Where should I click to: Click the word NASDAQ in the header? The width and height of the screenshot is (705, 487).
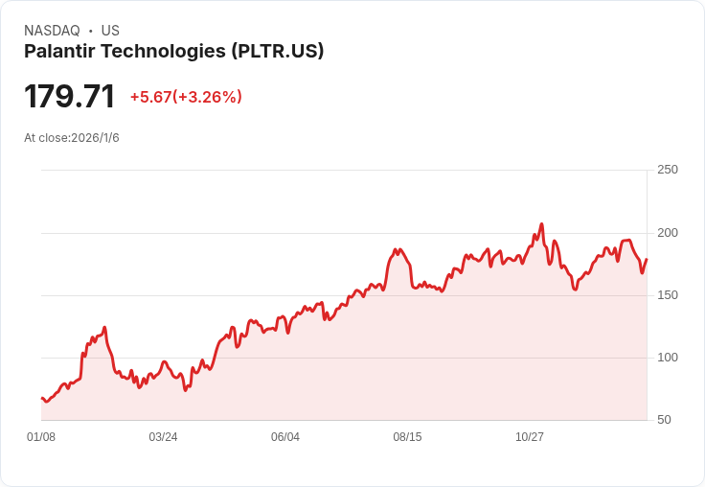coord(52,31)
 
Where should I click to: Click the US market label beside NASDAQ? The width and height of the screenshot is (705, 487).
coord(110,31)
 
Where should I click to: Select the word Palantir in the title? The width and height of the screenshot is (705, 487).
coord(59,51)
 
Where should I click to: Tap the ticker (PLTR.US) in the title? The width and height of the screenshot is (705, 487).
coord(278,51)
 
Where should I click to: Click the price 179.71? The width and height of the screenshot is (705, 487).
coord(70,96)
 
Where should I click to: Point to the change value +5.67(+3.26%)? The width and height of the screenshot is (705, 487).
coord(186,97)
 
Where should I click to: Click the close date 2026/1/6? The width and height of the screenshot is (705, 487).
coord(96,138)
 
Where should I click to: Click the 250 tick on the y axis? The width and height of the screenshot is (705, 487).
coord(668,170)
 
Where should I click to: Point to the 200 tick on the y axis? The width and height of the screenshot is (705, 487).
coord(668,233)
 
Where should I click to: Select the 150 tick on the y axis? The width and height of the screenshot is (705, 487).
coord(668,295)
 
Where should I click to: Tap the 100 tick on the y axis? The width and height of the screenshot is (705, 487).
coord(668,358)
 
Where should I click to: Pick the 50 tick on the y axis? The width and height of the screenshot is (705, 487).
coord(664,420)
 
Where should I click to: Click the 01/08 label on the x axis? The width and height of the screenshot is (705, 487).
coord(41,437)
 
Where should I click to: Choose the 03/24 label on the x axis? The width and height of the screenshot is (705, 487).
coord(163,437)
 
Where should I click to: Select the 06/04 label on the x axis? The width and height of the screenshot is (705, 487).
coord(285,437)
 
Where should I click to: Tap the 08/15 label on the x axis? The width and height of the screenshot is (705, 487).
coord(407,437)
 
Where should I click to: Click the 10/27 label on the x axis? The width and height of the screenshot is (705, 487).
coord(529,437)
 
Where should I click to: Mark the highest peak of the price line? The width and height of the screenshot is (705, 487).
coord(542,223)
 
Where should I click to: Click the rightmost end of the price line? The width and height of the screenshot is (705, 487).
coord(647,259)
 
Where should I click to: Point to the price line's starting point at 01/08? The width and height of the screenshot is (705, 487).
coord(42,399)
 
